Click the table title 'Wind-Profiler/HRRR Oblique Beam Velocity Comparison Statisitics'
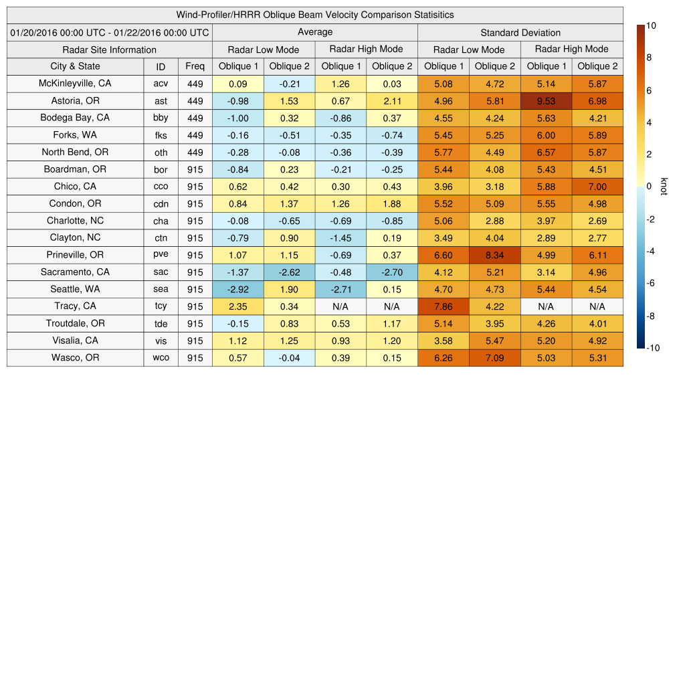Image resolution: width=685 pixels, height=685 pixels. [x=315, y=15]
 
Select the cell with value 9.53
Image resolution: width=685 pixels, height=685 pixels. [x=546, y=101]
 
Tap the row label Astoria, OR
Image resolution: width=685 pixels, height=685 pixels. [x=75, y=101]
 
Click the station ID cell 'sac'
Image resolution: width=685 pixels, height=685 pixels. [x=161, y=272]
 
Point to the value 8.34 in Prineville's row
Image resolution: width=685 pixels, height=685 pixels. [x=495, y=255]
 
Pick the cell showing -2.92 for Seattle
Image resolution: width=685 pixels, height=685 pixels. [x=237, y=289]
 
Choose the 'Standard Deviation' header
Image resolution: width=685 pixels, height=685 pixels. [x=520, y=32]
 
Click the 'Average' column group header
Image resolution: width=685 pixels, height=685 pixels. [x=315, y=32]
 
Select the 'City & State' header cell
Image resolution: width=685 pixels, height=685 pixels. [x=75, y=66]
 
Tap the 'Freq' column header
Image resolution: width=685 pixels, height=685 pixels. [x=195, y=66]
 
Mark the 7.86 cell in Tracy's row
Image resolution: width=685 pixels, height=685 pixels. [x=443, y=306]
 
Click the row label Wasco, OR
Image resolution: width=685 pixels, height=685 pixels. [x=75, y=358]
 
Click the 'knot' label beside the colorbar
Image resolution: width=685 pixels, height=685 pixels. [x=663, y=186]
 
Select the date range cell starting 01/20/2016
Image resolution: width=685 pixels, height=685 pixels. [x=110, y=32]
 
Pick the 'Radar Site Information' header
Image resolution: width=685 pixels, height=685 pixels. [x=110, y=50]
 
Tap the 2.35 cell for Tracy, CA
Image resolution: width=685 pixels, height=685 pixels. [x=237, y=306]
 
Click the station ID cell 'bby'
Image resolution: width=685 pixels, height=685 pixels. [x=161, y=118]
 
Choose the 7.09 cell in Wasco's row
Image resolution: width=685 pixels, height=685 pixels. [x=495, y=358]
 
